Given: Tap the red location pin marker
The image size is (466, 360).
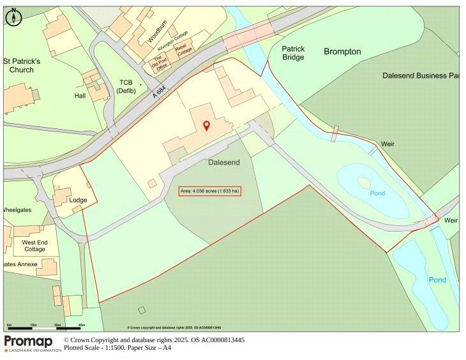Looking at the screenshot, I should pyautogui.click(x=206, y=125).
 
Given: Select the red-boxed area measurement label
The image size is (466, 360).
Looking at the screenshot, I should pyautogui.click(x=209, y=191).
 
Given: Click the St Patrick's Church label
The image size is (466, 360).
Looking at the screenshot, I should pyautogui.click(x=22, y=65).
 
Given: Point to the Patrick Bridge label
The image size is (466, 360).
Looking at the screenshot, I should pyautogui.click(x=294, y=53).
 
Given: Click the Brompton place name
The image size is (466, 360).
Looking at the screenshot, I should pyautogui.click(x=342, y=52).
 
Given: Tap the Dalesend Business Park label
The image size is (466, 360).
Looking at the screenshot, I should pyautogui.click(x=421, y=75).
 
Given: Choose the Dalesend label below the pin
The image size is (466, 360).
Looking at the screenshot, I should pyautogui.click(x=224, y=163).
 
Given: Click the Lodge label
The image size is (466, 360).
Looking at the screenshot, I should pyautogui.click(x=79, y=200).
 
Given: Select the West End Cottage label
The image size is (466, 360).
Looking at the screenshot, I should pyautogui.click(x=34, y=246).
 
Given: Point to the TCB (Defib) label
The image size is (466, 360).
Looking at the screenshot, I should pyautogui.click(x=126, y=86).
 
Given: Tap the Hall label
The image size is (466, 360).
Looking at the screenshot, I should pyautogui.click(x=80, y=96).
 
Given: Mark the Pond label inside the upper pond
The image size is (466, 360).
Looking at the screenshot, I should pyautogui.click(x=377, y=193).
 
